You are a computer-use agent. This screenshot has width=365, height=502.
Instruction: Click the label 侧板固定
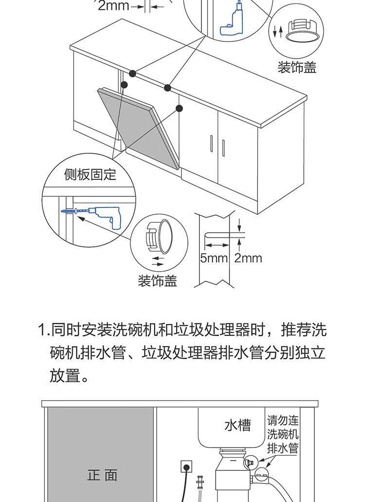(x=90, y=174)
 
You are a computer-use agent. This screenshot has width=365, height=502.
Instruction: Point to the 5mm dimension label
(x=214, y=258)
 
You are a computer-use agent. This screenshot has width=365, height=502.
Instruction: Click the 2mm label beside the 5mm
(x=248, y=258)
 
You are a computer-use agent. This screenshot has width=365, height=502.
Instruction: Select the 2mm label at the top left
(x=113, y=5)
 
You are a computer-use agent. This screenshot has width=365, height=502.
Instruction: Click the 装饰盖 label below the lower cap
(x=157, y=281)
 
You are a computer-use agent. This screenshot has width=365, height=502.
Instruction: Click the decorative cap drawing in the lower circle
(x=159, y=236)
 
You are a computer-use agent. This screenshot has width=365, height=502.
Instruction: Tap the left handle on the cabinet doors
(x=211, y=144)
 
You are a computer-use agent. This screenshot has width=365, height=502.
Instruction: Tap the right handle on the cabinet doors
(x=223, y=148)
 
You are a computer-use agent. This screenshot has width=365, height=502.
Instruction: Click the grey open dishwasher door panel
(x=138, y=128)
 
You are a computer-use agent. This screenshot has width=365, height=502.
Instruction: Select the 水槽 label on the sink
(x=237, y=425)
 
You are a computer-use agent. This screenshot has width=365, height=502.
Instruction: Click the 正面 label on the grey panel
(x=102, y=475)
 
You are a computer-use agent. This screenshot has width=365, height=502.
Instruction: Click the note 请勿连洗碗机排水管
(x=283, y=434)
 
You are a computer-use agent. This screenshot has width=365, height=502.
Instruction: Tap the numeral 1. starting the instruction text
(x=44, y=330)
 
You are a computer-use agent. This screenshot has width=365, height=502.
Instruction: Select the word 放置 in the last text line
(x=65, y=375)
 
